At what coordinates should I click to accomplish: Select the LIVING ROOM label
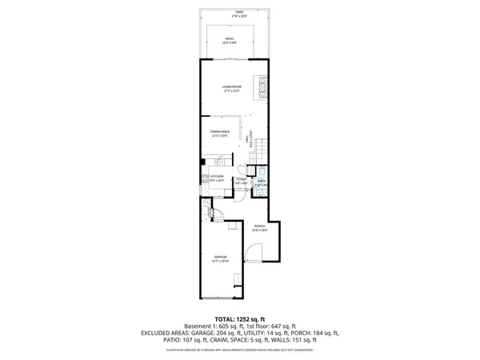[231, 89]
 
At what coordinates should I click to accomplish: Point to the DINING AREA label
[220, 133]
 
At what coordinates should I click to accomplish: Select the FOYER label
[241, 181]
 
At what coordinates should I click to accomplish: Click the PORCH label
[259, 227]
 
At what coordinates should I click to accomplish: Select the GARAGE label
[220, 259]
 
